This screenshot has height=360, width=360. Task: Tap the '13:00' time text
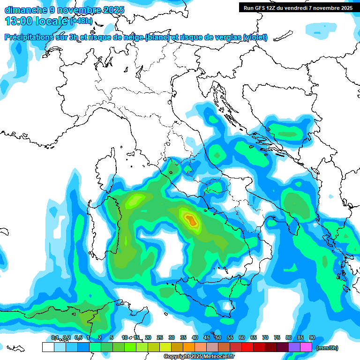coord(19,21)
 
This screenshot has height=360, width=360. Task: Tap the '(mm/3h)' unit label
coord(327,348)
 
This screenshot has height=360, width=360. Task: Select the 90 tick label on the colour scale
coord(312,337)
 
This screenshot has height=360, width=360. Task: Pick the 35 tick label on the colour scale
coord(183,337)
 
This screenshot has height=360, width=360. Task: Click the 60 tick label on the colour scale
coord(242,337)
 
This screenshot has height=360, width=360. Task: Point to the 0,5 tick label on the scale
coord(78,337)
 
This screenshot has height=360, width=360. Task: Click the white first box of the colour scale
coord(48,347)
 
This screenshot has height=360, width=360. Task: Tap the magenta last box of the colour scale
coord(306,347)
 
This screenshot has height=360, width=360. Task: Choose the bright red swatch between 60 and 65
coord(247,347)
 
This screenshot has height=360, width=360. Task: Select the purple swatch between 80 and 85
coord(294,347)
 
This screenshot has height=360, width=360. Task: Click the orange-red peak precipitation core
coord(190,219)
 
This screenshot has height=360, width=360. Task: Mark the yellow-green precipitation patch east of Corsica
coord(135,200)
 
